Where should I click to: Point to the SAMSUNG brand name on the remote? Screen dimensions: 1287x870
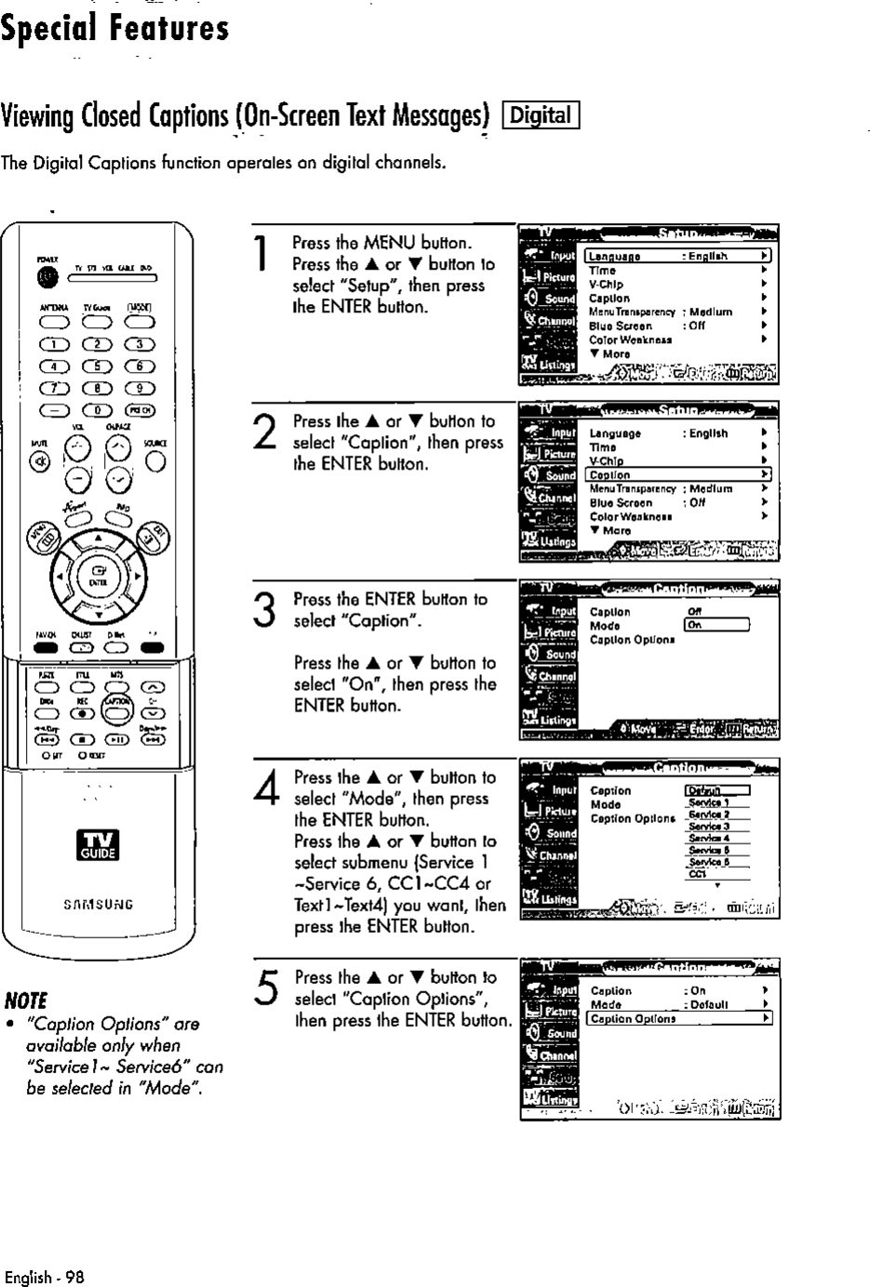98,903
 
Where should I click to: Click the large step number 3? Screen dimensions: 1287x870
262,612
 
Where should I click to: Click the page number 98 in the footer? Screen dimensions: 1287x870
74,1277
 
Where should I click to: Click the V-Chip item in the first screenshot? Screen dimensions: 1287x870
606,285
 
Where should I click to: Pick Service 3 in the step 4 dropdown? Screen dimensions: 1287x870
708,826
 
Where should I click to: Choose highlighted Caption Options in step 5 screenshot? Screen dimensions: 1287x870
680,1019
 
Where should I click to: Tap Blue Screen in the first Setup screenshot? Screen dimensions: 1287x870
620,326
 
